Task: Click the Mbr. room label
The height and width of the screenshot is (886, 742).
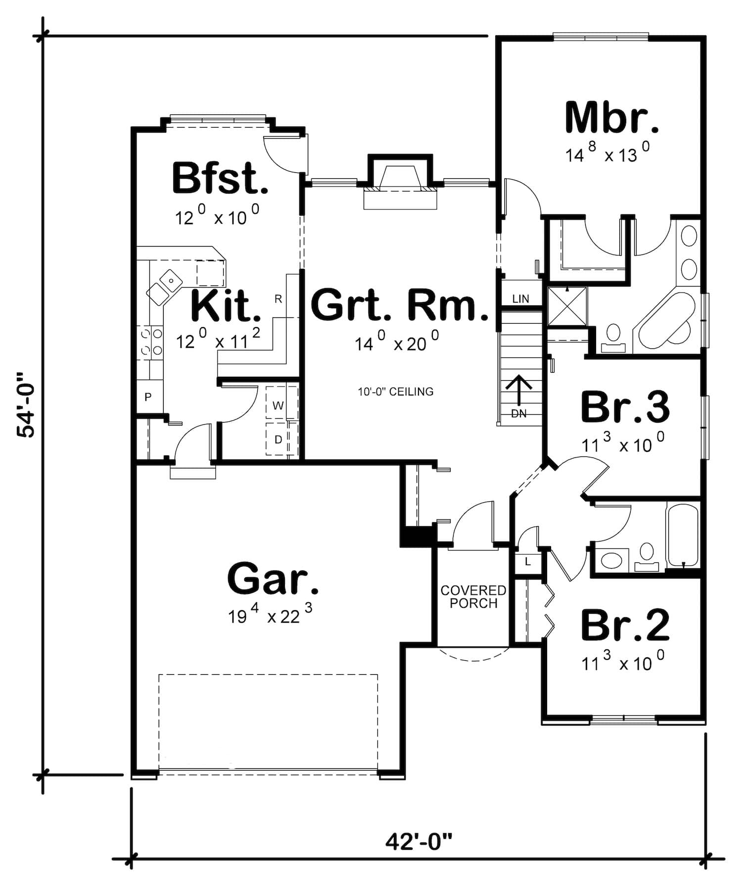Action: (612, 118)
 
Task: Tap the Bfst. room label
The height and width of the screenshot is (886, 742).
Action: (220, 179)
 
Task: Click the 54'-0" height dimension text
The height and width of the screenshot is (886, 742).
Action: (26, 404)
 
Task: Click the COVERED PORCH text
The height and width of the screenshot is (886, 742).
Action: (473, 597)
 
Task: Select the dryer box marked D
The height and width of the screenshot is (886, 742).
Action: (278, 440)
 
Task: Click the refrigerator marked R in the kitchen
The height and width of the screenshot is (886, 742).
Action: (278, 299)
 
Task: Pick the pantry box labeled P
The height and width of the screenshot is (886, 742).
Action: (148, 397)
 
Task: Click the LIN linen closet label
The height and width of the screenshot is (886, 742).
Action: (520, 299)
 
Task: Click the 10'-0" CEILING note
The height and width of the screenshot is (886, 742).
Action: (396, 392)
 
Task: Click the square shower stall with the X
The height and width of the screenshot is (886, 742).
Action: (567, 306)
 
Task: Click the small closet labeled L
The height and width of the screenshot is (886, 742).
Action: (528, 562)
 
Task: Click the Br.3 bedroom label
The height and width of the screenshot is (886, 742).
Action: (625, 407)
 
